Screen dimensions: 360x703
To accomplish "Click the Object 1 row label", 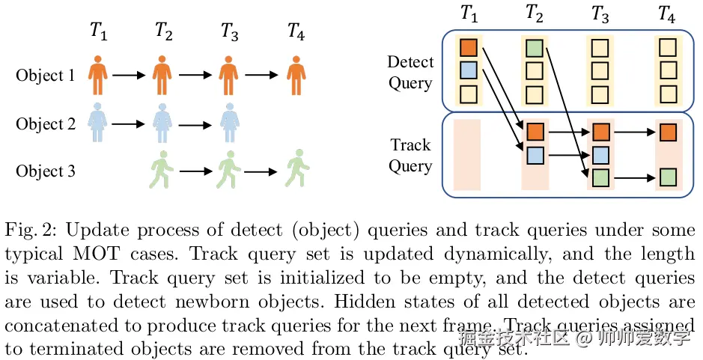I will coord(46,76).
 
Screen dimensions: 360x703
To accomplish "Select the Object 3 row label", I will coord(46,171).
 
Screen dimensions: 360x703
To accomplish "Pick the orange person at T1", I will coord(99,75).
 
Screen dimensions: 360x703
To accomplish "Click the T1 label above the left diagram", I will coord(99,31).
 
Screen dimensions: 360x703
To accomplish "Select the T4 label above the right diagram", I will coord(666,13).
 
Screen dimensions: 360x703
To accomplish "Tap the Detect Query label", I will coord(410,72).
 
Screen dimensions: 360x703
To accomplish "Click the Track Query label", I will coord(410,155).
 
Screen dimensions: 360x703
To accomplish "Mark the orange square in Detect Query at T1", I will coord(468,48).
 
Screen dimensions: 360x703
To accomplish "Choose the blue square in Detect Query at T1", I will coord(468,71).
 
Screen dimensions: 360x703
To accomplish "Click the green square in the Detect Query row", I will coord(535,48).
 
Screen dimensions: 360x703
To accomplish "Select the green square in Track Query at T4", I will coord(669,177).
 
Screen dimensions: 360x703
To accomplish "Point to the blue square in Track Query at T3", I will coord(601,155).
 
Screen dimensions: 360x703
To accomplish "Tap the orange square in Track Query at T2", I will coord(535,132).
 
